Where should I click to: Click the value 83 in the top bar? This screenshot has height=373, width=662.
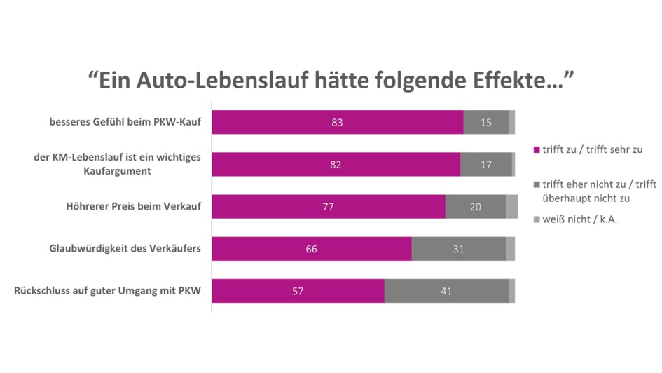point(338,122)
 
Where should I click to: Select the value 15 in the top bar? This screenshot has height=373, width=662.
point(485,122)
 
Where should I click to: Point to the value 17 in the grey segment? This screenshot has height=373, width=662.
point(485,164)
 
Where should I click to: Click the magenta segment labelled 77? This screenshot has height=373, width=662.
point(328,207)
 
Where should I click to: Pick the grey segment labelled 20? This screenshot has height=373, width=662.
point(476,207)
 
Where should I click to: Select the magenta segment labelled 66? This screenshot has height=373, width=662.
point(312,249)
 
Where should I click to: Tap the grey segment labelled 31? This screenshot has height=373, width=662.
point(458,249)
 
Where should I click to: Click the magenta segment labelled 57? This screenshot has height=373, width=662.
point(298,291)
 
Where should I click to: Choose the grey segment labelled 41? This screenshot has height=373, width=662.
point(446,291)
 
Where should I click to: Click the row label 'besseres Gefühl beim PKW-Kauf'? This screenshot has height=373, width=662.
point(125,123)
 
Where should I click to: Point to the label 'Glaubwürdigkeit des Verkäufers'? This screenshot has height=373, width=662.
point(125,249)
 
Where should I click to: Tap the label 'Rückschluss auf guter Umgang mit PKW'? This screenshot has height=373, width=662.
point(107,291)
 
